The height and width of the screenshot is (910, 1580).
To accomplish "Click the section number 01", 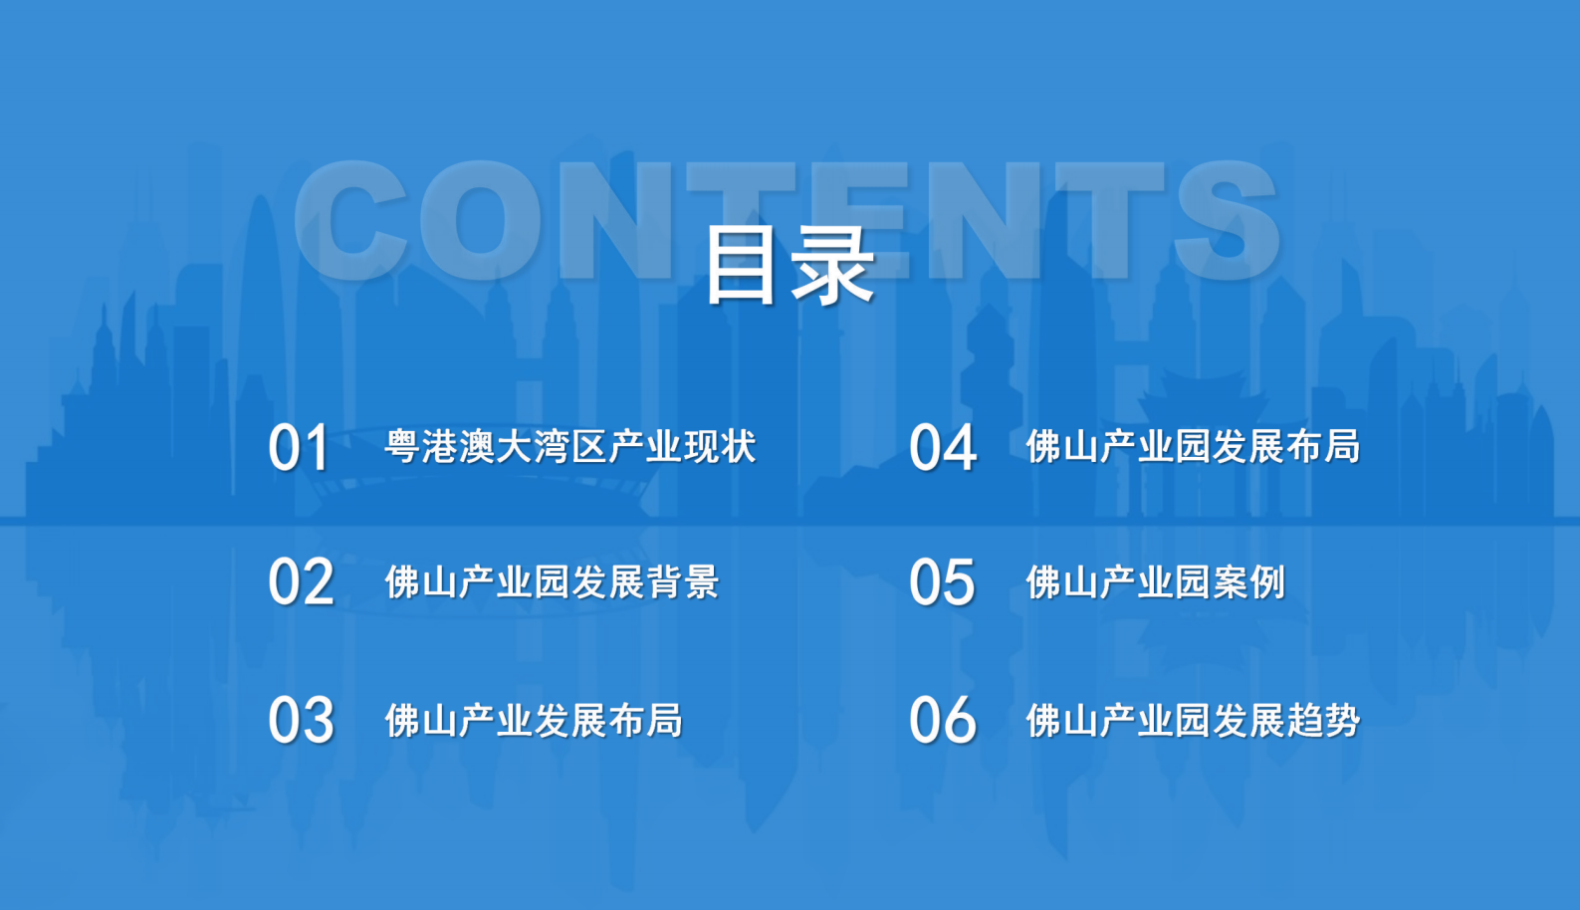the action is (299, 447).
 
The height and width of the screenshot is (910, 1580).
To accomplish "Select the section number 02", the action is (302, 582).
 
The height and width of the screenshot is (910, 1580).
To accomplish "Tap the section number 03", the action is (302, 720).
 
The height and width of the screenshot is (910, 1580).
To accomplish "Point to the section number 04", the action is (943, 447).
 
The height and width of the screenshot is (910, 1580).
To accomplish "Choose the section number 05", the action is (943, 582).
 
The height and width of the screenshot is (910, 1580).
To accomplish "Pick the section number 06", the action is (943, 720).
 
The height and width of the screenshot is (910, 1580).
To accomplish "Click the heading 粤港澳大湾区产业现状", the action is (570, 446).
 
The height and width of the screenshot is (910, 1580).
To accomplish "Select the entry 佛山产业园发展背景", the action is (553, 582).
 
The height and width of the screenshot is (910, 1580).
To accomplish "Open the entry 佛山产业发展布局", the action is (534, 720).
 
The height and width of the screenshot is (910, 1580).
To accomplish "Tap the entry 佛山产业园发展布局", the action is (1194, 446).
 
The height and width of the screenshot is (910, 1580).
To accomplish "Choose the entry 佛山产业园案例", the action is (1156, 582).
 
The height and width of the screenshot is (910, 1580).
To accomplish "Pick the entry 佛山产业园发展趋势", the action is (1194, 720).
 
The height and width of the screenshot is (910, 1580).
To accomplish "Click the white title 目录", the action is (790, 266).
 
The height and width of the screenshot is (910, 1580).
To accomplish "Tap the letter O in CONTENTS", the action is (482, 221).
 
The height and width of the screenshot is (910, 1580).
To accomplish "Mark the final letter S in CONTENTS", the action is (1228, 221).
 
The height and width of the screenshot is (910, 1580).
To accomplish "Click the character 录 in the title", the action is (833, 266).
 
